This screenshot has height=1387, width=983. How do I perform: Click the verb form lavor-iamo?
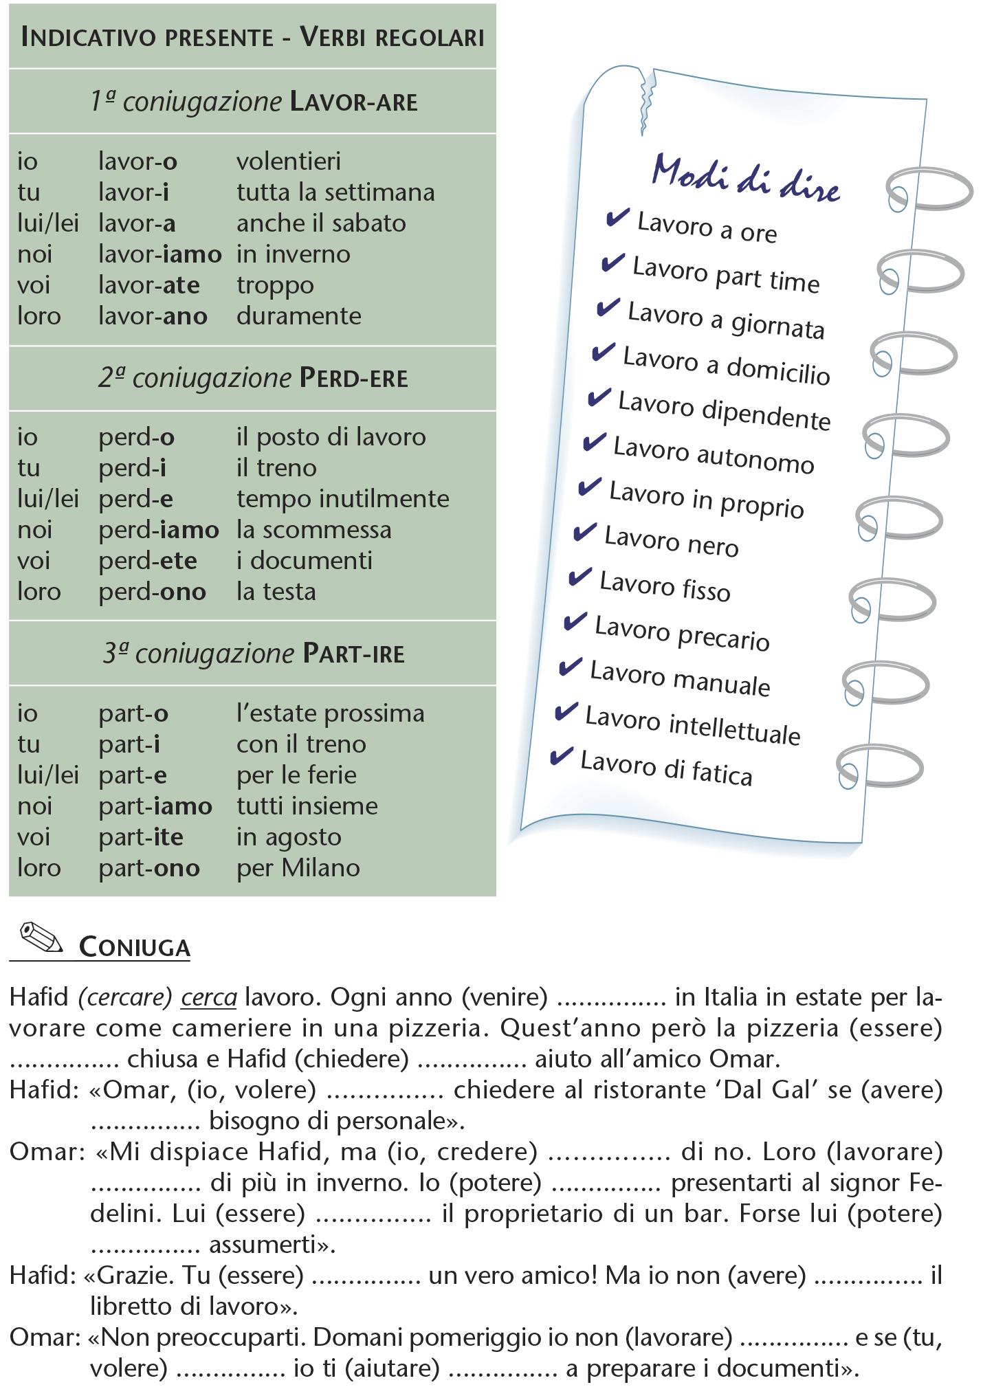159,254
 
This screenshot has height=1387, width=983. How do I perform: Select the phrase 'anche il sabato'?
321,223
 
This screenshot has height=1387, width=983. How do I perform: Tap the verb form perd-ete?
148,561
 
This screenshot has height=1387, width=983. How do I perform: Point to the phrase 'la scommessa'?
313,530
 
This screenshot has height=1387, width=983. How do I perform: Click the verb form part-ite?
141,837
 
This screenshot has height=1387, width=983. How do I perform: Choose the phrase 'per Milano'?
298,868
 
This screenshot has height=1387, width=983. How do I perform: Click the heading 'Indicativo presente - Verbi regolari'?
252,37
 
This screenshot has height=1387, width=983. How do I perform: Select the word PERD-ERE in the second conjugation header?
353,378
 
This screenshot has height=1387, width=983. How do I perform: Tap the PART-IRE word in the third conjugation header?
353,654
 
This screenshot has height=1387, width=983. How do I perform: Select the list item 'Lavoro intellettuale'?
692,725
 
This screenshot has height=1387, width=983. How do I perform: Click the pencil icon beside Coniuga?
41,937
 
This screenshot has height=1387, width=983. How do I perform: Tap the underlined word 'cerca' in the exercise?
209,997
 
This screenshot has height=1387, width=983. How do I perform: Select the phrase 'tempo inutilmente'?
342,499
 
